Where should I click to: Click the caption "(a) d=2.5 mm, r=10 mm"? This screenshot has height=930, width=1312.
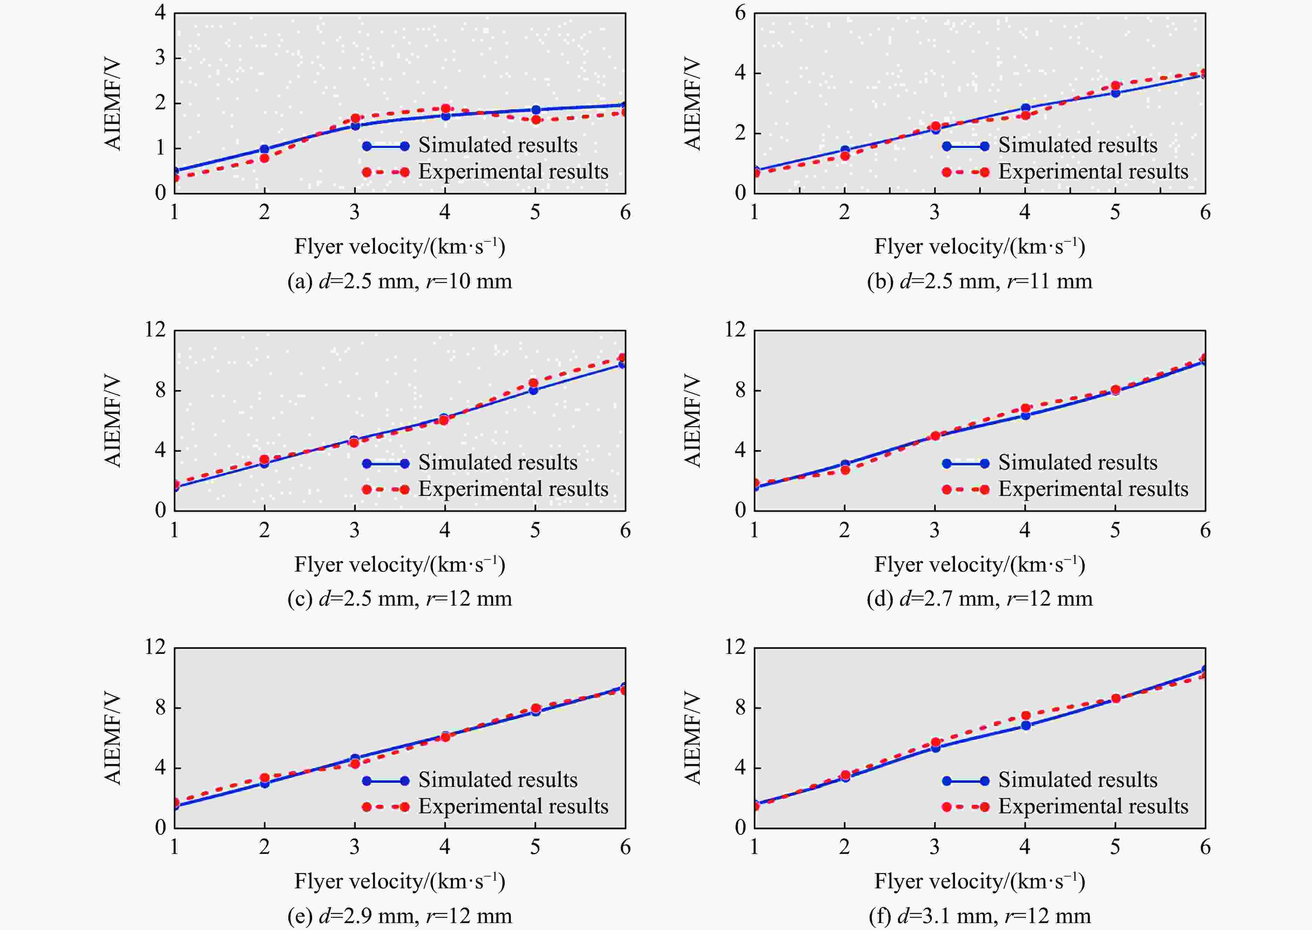(400, 281)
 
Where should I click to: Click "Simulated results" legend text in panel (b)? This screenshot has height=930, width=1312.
(1077, 146)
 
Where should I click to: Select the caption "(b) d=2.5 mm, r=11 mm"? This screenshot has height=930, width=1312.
(979, 281)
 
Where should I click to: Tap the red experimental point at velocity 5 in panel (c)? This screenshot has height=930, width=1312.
(533, 383)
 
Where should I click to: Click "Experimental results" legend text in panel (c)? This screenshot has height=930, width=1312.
(513, 489)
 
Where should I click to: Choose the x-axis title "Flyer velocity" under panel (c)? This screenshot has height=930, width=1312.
(400, 565)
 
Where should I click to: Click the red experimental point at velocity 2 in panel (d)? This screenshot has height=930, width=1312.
(845, 470)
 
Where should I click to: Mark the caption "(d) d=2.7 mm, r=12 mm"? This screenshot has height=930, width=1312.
(979, 598)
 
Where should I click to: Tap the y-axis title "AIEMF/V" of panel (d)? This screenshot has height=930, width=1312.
(693, 421)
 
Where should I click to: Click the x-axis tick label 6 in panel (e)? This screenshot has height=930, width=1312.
(625, 848)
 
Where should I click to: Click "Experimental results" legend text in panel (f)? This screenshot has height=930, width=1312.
(1093, 806)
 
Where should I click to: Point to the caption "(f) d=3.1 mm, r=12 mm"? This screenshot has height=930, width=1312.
(979, 916)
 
